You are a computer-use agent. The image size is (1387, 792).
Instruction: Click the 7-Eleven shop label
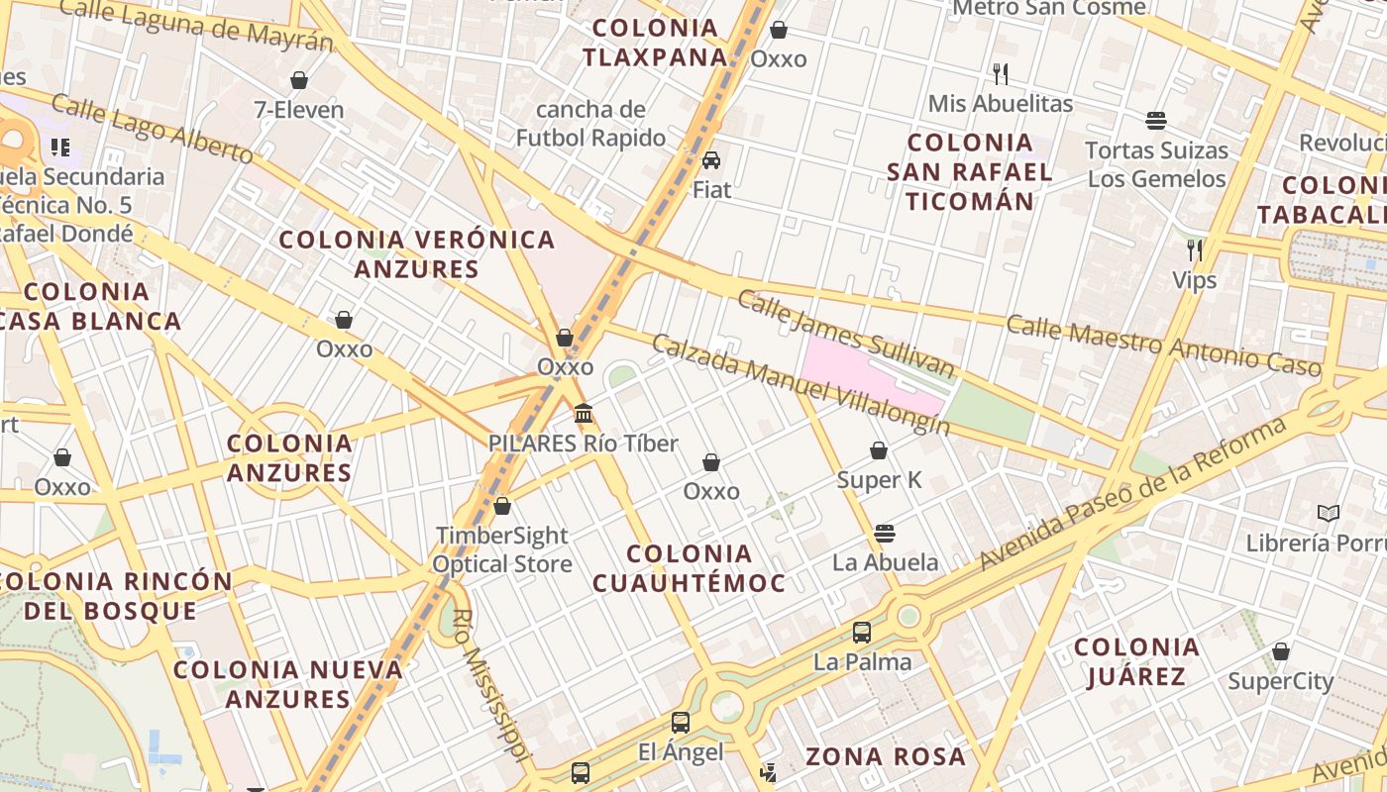[299, 110]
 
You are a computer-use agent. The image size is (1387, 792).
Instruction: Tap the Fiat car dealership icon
[711, 160]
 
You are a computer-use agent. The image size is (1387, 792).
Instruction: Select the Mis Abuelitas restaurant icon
[1001, 73]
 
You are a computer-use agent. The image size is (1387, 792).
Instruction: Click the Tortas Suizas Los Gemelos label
[1156, 164]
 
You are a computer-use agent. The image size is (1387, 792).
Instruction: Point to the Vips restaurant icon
[1195, 249]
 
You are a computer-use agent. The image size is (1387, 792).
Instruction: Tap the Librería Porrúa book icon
[1329, 513]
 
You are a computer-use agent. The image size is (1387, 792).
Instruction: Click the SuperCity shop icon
[1281, 651]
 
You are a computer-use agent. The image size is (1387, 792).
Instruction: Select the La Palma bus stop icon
[862, 632]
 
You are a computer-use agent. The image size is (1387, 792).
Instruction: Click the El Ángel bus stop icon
[681, 723]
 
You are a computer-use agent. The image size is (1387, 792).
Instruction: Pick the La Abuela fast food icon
[885, 534]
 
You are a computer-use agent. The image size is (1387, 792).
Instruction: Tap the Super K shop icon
[879, 451]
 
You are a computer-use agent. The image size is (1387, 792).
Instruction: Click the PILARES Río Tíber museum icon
[584, 413]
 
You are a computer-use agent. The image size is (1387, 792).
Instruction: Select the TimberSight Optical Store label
[502, 549]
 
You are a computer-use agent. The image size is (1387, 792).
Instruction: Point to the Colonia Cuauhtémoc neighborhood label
[689, 568]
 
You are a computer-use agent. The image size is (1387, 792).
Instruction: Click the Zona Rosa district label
[885, 757]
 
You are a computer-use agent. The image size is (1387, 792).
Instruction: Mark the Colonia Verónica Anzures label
[417, 254]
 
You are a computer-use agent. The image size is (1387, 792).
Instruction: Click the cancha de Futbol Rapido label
[590, 124]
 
